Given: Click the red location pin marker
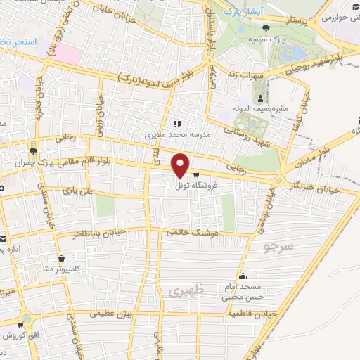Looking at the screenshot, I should [x=181, y=165].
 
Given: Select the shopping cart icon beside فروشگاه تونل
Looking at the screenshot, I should [x=195, y=174].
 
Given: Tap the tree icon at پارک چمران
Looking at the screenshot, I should [x=33, y=151].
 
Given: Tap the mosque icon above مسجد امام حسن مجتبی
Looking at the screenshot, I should [x=243, y=276].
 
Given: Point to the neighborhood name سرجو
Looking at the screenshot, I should [x=276, y=247].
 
